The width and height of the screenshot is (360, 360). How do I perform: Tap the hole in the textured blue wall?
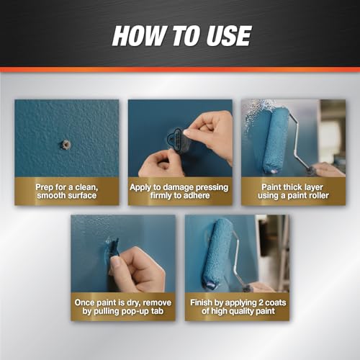(66, 145)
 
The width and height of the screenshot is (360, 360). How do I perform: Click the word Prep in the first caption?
(44, 187)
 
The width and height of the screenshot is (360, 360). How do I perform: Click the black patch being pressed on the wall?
(178, 142)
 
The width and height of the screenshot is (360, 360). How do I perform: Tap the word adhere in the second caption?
(197, 196)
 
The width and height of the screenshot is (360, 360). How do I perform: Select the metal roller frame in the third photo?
(298, 139)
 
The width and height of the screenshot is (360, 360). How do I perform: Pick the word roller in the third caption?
(318, 196)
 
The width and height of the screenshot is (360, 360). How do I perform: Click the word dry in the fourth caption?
(133, 303)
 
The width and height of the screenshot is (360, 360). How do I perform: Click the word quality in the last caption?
(243, 312)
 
